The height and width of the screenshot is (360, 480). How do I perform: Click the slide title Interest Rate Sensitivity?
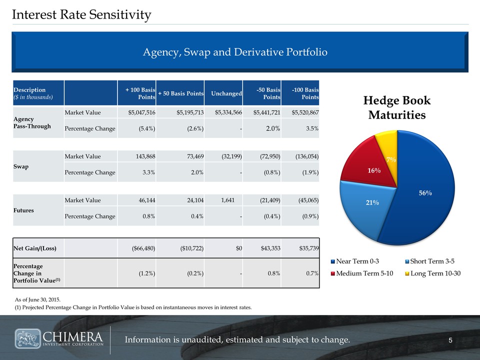(x=81, y=15)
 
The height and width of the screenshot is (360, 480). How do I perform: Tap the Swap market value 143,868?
(x=143, y=156)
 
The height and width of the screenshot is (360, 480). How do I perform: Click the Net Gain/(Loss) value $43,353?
(x=266, y=248)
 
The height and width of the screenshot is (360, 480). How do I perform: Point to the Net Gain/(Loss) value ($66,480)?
(x=141, y=248)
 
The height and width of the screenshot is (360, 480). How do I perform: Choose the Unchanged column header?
(x=226, y=93)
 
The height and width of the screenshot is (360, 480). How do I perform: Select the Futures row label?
(x=24, y=210)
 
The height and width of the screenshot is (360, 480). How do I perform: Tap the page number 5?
(x=450, y=340)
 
